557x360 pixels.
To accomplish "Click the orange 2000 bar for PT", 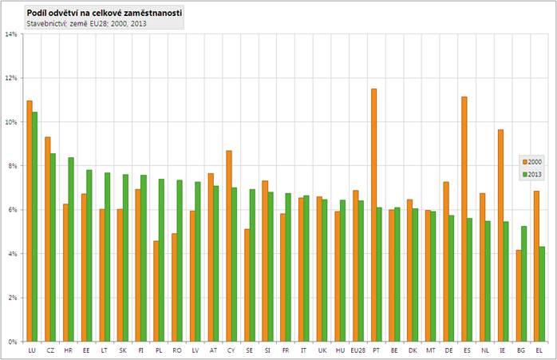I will point(373,215).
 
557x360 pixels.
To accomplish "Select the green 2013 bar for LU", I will point(35,227).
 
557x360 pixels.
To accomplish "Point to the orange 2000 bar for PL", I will point(156,291).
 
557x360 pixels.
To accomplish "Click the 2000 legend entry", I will point(533,160).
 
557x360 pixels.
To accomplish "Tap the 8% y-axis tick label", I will point(13,166).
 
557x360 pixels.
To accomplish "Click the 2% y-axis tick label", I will point(13,298).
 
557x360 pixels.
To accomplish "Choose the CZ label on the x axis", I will point(49,350).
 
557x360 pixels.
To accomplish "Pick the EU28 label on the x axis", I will point(358,350).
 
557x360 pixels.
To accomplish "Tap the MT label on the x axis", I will point(430,350).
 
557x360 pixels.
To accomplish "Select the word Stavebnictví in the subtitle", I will point(45,24).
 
